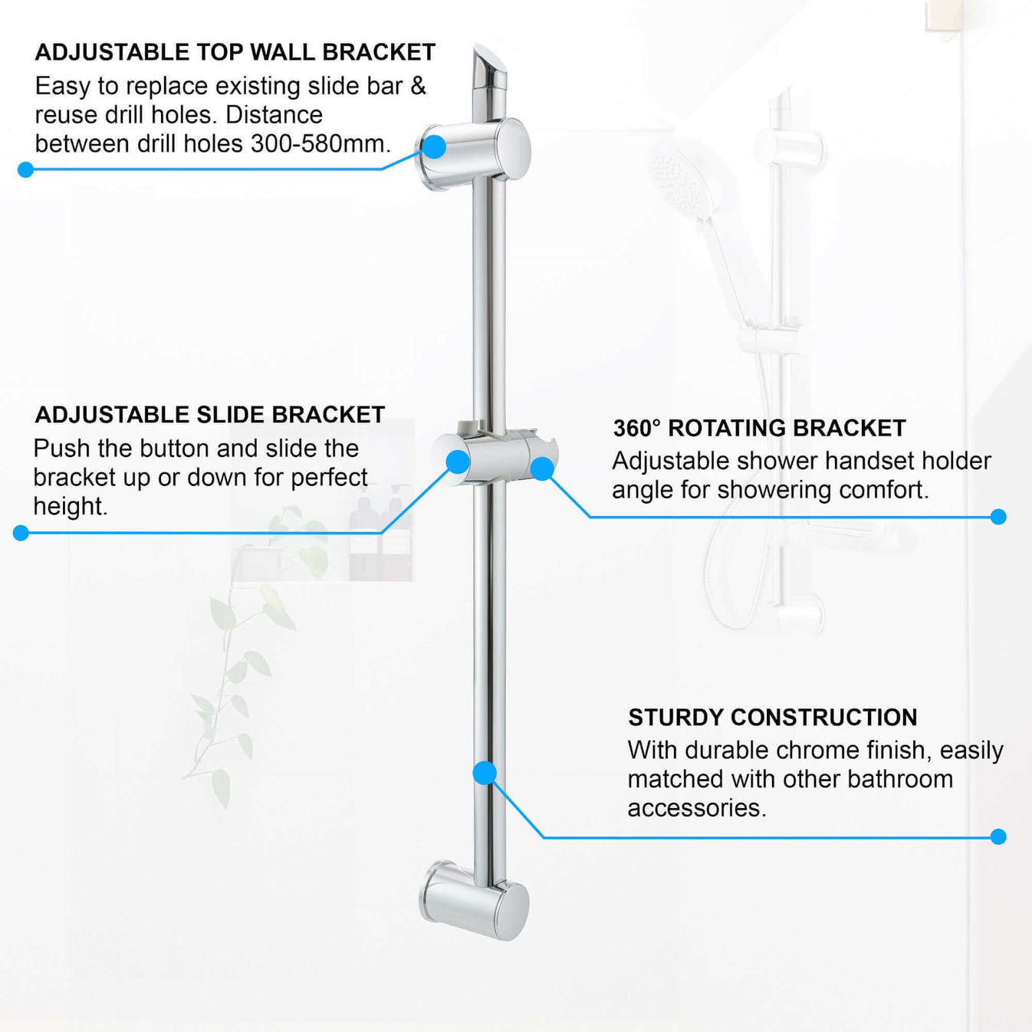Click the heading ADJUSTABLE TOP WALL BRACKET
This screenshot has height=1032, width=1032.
[x=235, y=52]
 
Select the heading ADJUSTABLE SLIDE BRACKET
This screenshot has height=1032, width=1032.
[x=209, y=415]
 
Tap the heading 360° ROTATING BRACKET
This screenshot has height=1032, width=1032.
[x=759, y=428]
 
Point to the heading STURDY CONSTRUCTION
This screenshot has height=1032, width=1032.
[x=772, y=717]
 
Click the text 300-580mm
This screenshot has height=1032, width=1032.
[x=320, y=143]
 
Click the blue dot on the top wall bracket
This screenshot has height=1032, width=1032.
[x=434, y=146]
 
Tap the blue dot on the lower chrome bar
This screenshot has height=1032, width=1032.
[x=485, y=772]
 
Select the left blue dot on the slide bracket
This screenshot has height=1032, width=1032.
[x=458, y=462]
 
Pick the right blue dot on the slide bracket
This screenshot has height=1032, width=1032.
[x=542, y=468]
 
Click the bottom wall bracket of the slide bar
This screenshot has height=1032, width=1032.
[x=474, y=901]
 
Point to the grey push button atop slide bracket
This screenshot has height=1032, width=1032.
[x=468, y=426]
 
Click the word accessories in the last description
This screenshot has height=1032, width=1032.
[x=695, y=808]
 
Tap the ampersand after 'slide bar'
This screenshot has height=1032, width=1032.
[x=418, y=86]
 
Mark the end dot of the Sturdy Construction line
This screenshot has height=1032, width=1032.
[x=998, y=836]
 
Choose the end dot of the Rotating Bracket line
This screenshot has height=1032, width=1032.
[x=998, y=517]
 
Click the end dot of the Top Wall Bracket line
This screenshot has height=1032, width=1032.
[x=25, y=169]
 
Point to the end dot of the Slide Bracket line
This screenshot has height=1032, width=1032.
[x=21, y=533]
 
